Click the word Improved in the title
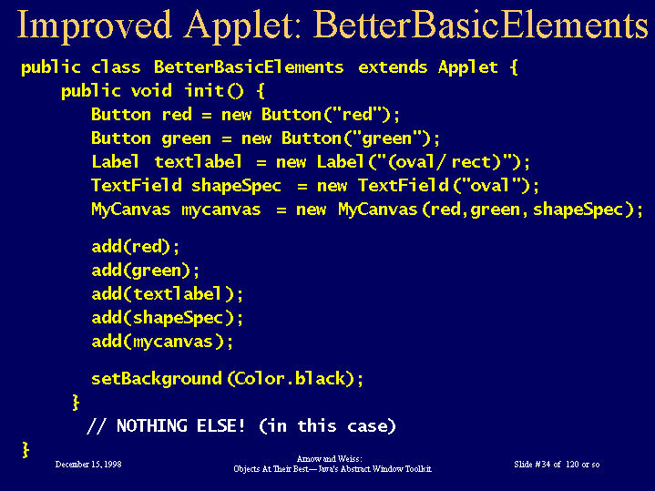click(94, 26)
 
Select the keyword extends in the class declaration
click(393, 66)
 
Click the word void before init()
click(151, 91)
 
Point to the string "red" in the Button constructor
click(358, 114)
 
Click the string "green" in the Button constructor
click(387, 138)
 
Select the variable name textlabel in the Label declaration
click(198, 162)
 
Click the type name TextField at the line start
click(137, 185)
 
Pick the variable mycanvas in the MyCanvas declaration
click(221, 210)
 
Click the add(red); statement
click(136, 247)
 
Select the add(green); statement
click(146, 271)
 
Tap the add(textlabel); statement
click(167, 294)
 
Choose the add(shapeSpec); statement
click(167, 318)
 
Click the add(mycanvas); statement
click(162, 342)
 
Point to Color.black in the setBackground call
click(290, 379)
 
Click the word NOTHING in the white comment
click(152, 425)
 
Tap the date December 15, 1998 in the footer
click(88, 465)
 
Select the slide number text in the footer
click(557, 465)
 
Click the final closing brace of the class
click(26, 450)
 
